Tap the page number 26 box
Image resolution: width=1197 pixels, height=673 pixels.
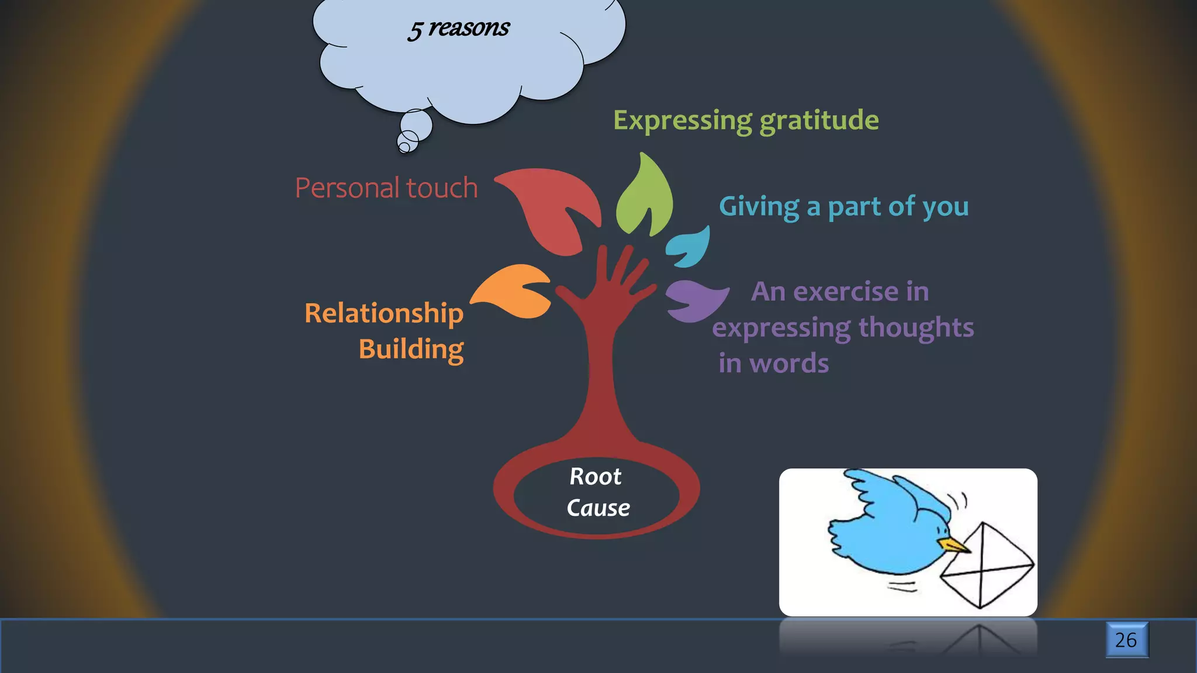coord(1126,640)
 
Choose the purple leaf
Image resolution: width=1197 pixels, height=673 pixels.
coord(696,300)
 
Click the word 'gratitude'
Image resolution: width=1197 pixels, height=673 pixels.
coord(819,121)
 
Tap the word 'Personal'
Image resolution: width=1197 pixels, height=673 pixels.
coord(347,188)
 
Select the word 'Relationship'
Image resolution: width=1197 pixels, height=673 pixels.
coord(383,314)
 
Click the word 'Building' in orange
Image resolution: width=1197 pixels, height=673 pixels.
coord(411,349)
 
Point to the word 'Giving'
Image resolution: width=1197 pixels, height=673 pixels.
coord(759,207)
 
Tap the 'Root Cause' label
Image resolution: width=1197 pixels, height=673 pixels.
coord(597,492)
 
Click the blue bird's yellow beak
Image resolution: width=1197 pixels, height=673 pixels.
coord(954,546)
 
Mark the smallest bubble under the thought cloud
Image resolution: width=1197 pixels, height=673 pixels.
coord(404,147)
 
